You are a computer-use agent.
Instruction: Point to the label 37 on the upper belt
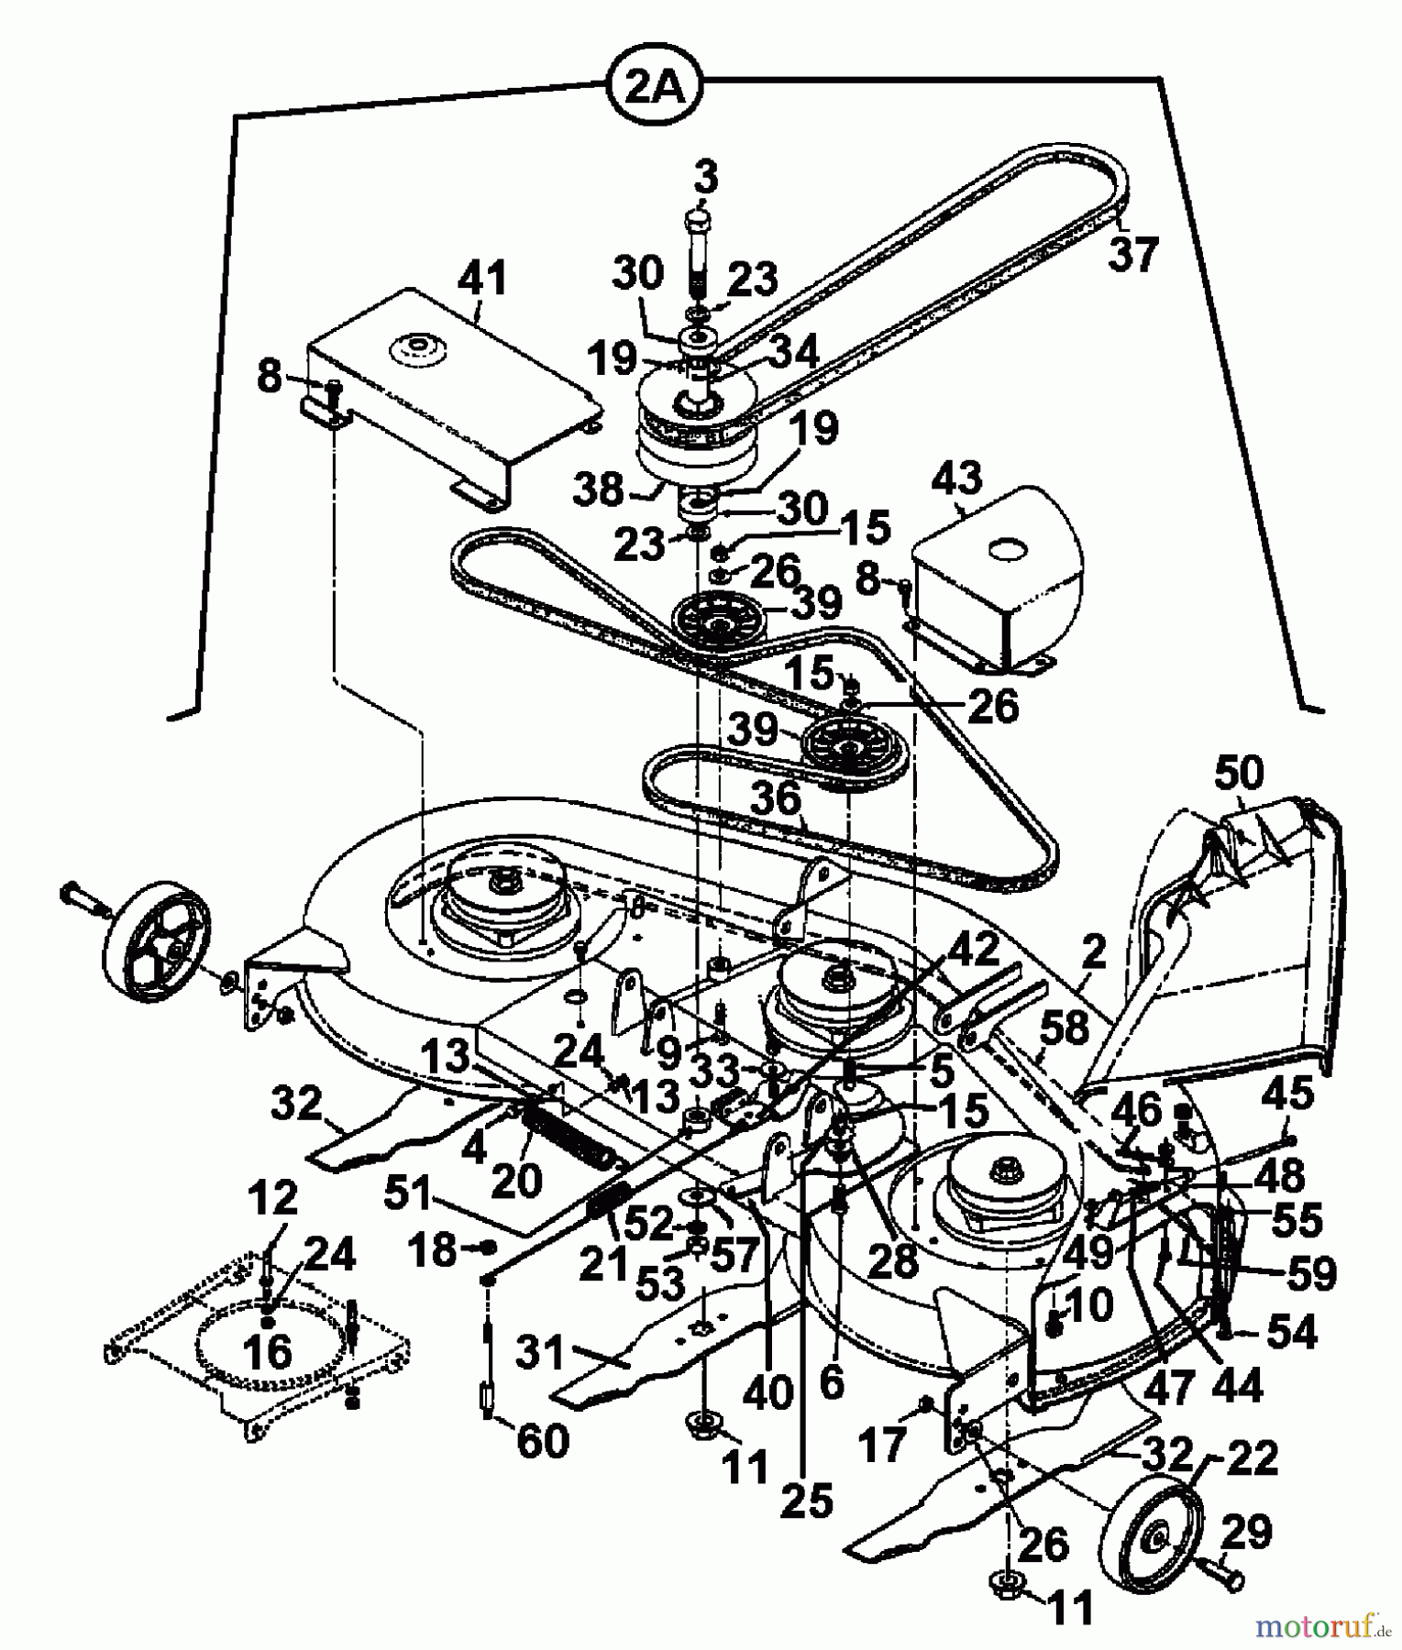click(1134, 253)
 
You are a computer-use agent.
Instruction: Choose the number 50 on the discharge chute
click(1238, 772)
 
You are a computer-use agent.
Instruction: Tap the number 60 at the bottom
click(543, 1441)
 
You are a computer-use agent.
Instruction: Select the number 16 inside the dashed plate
click(269, 1350)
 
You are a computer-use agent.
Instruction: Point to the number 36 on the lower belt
click(776, 798)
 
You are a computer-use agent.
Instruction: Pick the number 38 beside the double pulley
click(599, 490)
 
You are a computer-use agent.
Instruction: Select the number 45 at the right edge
click(1287, 1093)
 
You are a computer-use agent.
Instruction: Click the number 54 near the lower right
click(1290, 1332)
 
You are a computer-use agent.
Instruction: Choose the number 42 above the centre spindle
click(973, 951)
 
